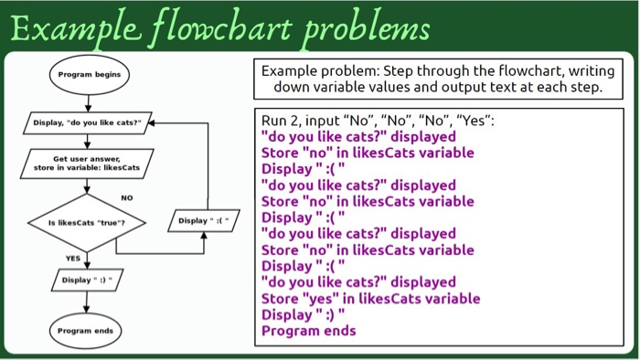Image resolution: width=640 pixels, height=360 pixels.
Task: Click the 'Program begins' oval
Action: tap(88, 74)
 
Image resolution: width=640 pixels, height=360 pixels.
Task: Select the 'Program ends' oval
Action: tap(88, 330)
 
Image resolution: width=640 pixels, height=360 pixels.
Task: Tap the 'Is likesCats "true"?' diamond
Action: tap(88, 222)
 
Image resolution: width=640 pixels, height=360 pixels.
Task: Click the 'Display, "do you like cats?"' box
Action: tap(88, 122)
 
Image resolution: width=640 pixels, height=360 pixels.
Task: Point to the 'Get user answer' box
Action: tap(88, 164)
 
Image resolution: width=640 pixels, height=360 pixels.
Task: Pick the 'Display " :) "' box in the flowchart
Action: tap(88, 280)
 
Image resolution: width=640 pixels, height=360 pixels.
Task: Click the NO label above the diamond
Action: tap(126, 197)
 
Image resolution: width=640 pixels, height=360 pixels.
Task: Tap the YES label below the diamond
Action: tap(73, 258)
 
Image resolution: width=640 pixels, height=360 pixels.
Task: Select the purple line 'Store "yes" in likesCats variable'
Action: tap(370, 299)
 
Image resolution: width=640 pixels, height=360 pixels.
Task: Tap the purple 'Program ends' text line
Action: tap(308, 331)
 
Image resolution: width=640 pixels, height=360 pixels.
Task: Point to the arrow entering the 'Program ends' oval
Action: tap(88, 303)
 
